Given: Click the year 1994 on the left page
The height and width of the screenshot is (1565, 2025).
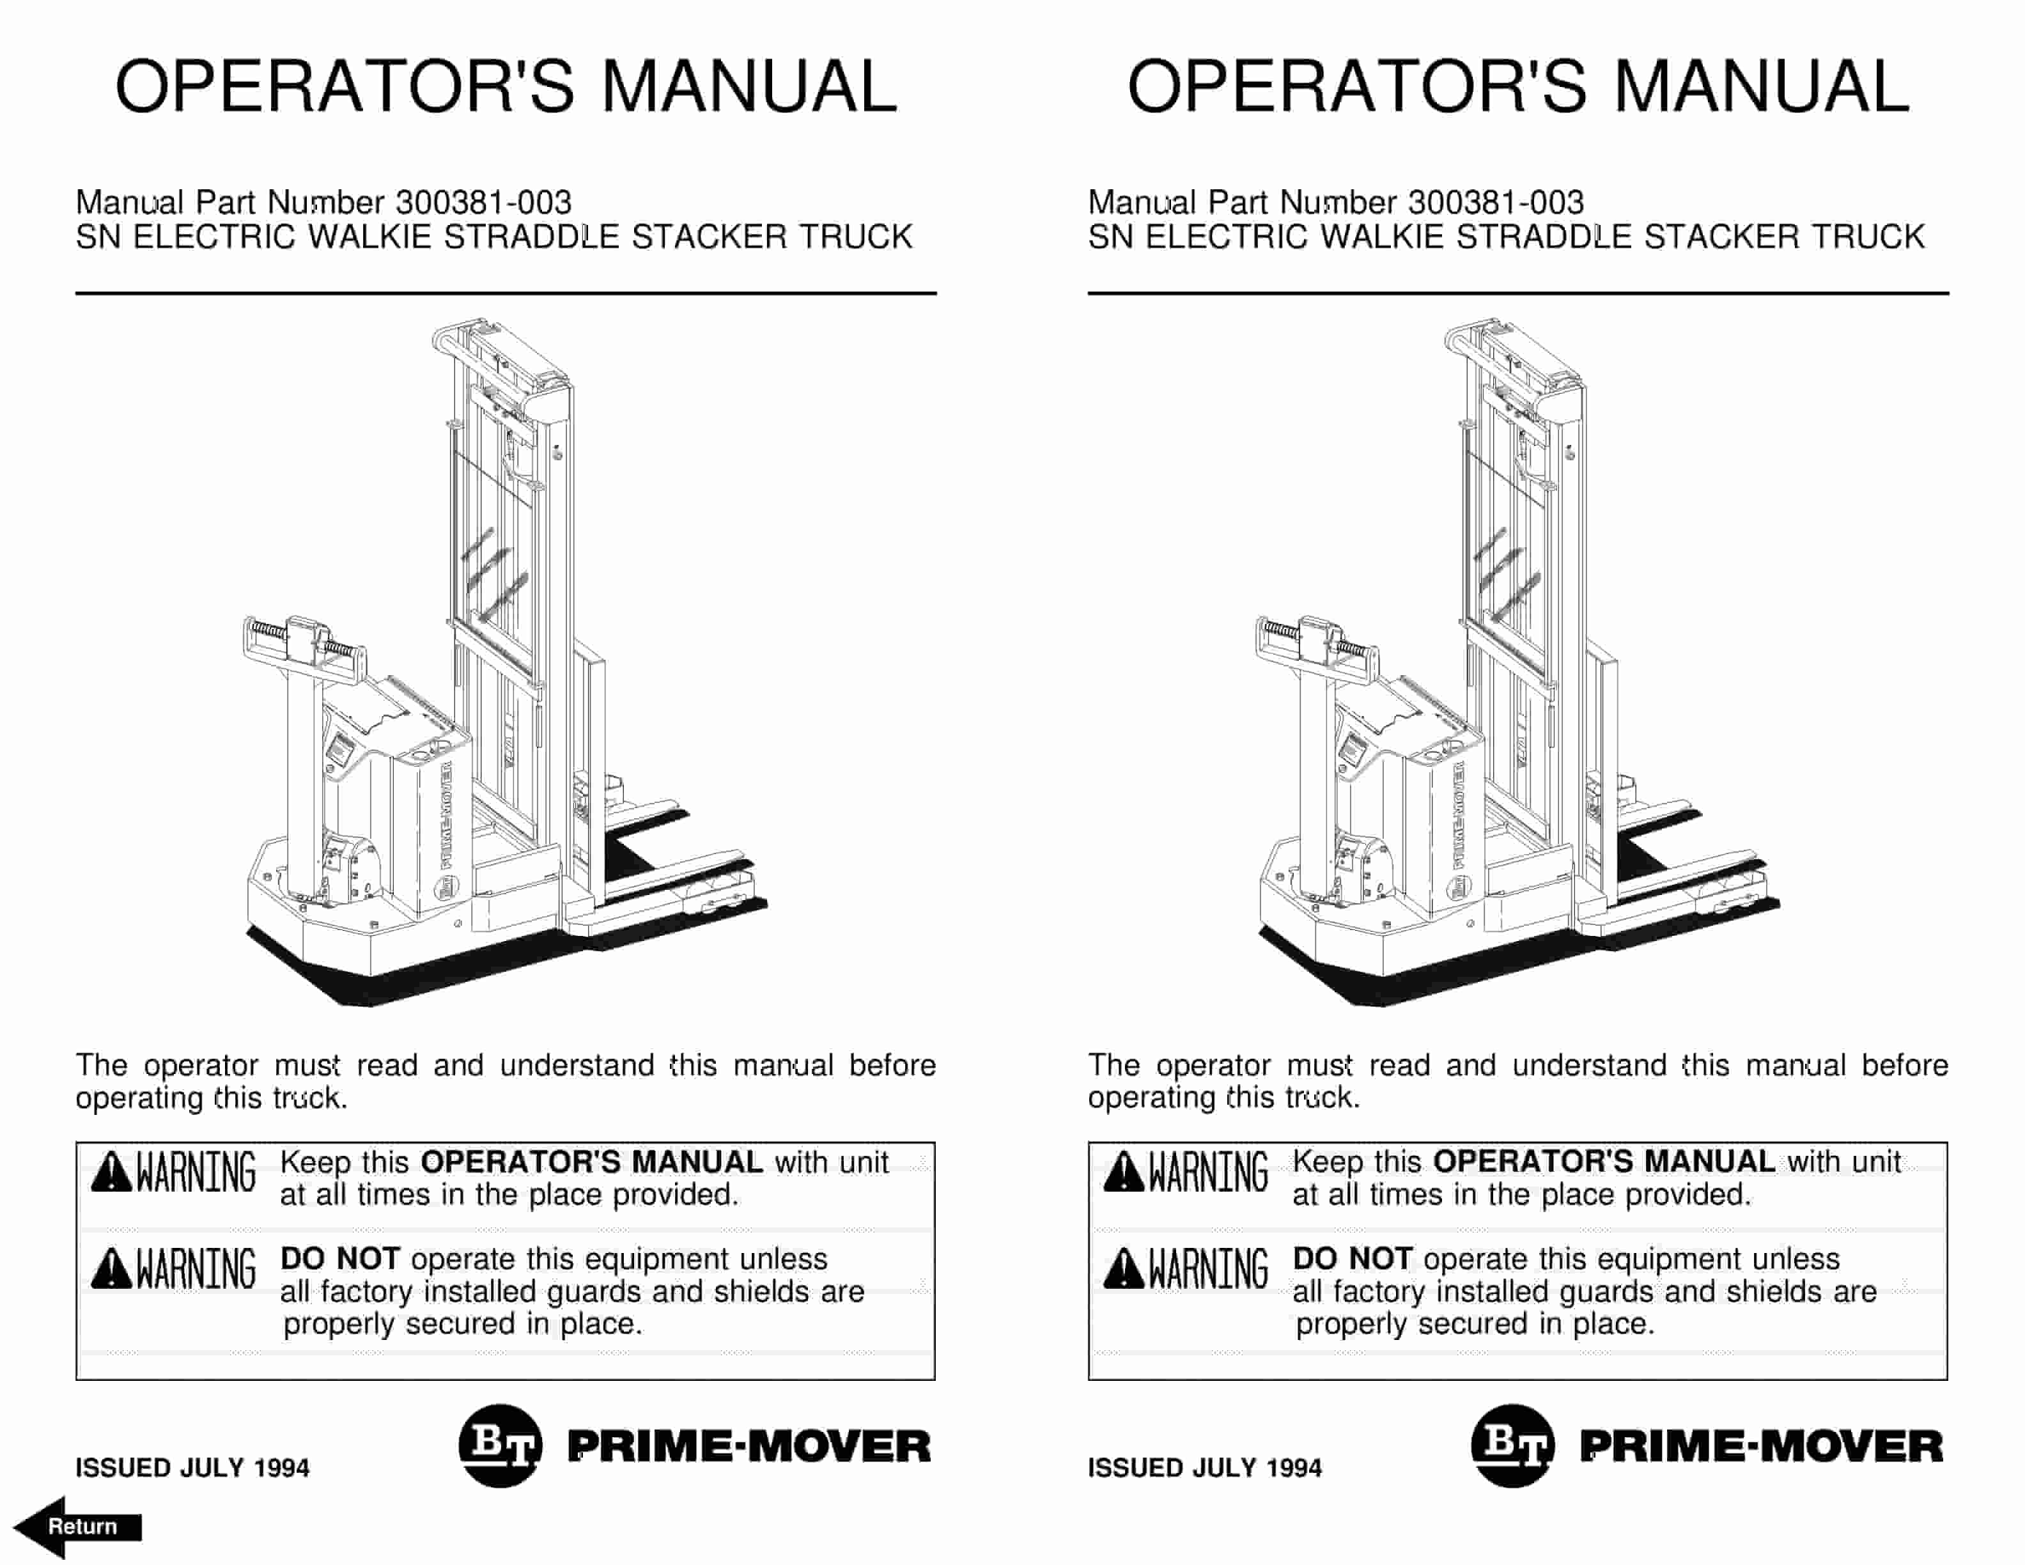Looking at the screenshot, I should (281, 1468).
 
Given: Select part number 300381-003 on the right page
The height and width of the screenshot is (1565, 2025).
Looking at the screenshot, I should (1496, 202).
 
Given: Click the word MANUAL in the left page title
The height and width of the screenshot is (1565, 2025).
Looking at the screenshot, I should (749, 86).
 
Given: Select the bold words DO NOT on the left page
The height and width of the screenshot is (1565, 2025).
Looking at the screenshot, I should (339, 1259).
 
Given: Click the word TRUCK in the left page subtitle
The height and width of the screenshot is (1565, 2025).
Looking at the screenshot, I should (856, 237).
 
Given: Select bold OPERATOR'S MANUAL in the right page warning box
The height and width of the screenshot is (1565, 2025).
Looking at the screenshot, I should (1604, 1162).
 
